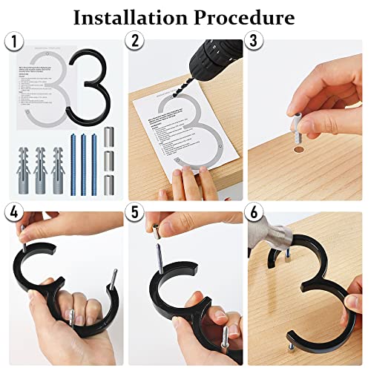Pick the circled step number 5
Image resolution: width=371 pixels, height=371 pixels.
136,212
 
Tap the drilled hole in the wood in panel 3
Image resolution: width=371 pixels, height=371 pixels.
296,151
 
